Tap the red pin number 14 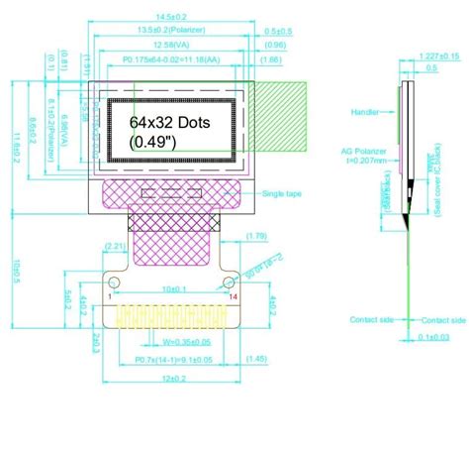tap(234, 296)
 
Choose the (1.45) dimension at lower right tap(255, 358)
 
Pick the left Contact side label tap(371, 319)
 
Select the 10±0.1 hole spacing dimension tap(173, 288)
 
